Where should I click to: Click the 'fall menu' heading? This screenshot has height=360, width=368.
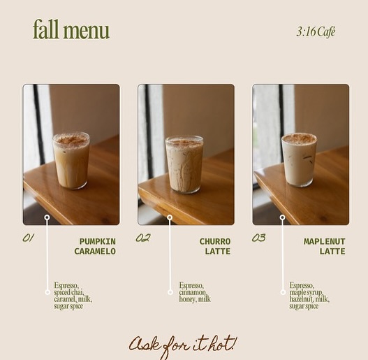pos(71,29)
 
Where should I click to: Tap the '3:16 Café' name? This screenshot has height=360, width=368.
pos(316,31)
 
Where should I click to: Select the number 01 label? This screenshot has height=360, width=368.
pos(28,238)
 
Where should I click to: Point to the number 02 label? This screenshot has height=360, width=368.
pos(143,238)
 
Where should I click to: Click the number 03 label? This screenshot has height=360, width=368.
pos(258,238)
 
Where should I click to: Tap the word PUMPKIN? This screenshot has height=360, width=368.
pos(97,241)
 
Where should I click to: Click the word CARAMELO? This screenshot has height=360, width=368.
pos(95,251)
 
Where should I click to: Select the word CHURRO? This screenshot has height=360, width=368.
pos(215,241)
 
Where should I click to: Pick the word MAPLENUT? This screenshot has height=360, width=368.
pos(324,241)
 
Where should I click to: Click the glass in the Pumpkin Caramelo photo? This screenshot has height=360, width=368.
pos(71,161)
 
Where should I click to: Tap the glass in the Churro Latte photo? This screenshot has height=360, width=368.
pos(184,164)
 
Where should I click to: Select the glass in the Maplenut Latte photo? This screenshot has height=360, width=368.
pos(300,160)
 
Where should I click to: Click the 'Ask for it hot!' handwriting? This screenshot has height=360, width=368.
pos(183,347)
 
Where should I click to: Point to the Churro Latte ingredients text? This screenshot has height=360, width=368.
pos(195,292)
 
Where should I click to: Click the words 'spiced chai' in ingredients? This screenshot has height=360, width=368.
pos(68,292)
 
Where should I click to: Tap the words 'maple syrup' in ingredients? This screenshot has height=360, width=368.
pos(307,292)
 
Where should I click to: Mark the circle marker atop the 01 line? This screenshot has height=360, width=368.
pos(47,217)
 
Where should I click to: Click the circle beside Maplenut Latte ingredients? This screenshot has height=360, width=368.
pos(283,292)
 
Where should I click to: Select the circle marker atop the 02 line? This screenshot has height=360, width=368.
pos(170,217)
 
